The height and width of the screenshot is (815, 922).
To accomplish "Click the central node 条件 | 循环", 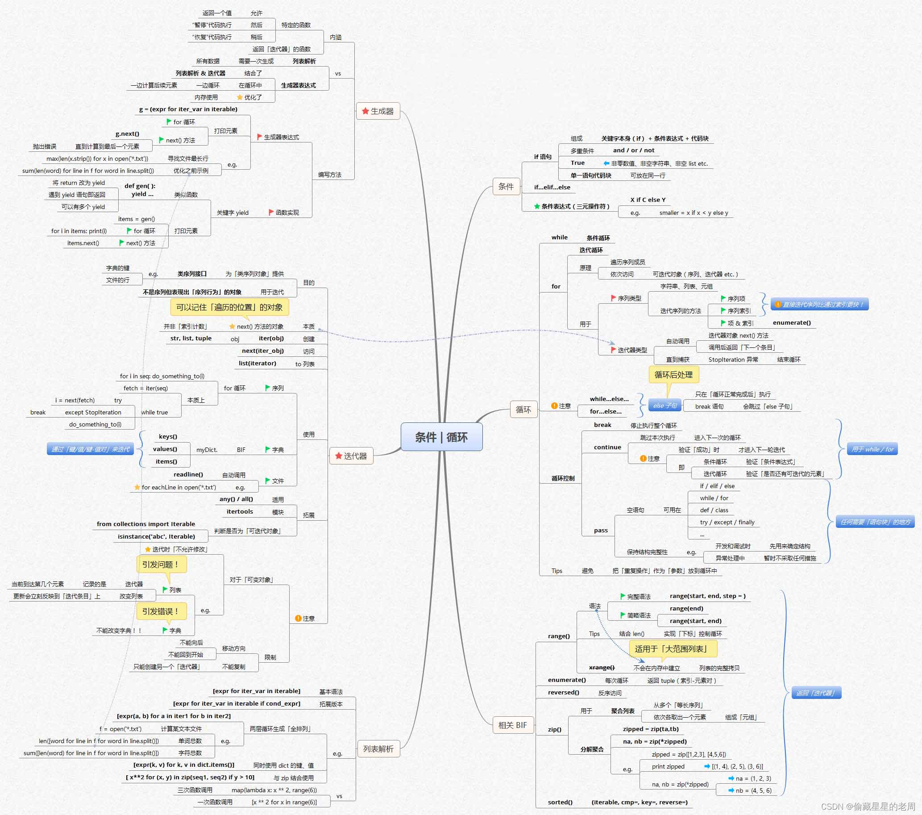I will (x=441, y=437).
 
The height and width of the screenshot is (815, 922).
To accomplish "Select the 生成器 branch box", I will (x=378, y=111).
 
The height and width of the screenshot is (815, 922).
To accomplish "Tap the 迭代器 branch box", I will (x=351, y=456).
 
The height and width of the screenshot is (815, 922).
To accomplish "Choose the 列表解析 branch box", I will (x=378, y=748).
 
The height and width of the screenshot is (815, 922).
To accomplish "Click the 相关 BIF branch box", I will (x=512, y=725).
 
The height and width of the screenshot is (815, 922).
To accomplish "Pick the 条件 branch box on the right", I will (x=506, y=186).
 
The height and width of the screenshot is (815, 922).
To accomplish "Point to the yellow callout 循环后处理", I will (x=673, y=375).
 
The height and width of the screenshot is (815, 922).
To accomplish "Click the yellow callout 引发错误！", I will (x=161, y=611).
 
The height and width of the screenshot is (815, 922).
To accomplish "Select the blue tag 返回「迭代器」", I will (x=816, y=693).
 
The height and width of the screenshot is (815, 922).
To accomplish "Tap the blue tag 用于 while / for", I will (x=872, y=449).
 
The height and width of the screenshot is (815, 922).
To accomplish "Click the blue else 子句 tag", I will (x=665, y=405).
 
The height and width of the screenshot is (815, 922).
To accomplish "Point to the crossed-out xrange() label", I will (x=601, y=668).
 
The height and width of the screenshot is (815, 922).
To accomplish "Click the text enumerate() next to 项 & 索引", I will (x=792, y=323).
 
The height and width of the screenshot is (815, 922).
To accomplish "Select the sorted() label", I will (x=560, y=802).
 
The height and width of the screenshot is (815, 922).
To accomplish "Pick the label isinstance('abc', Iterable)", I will (x=156, y=536).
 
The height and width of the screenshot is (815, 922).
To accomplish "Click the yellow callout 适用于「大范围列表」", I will (x=673, y=649).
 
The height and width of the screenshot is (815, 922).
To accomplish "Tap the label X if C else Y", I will (x=648, y=200).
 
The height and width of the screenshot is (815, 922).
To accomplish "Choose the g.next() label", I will (x=127, y=134).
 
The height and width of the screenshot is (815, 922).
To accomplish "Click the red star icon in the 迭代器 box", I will (x=338, y=456).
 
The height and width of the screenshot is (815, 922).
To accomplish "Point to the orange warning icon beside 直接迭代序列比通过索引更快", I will (x=778, y=305).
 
